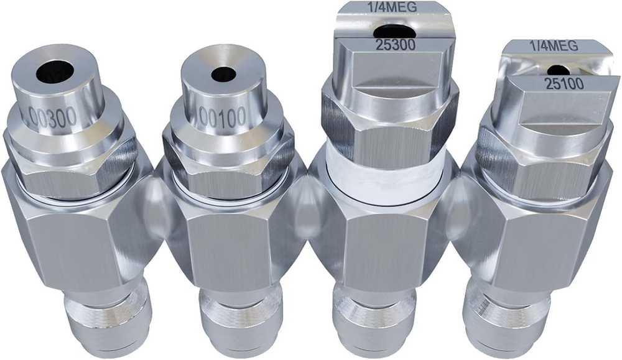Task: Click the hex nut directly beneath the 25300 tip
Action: pos(389,127)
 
